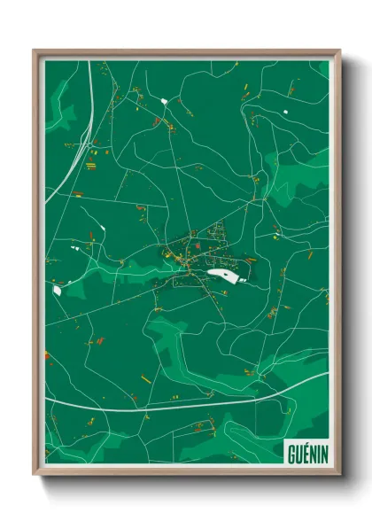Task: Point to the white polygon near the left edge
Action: coord(58,289)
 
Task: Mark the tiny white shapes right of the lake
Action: coord(245,276)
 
